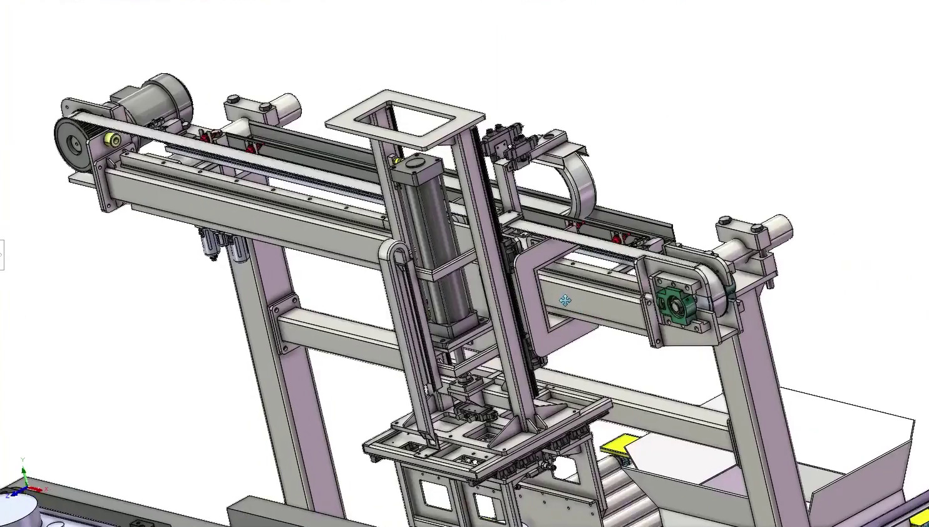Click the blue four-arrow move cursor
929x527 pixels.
click(565, 301)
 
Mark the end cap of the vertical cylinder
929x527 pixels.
click(415, 165)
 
